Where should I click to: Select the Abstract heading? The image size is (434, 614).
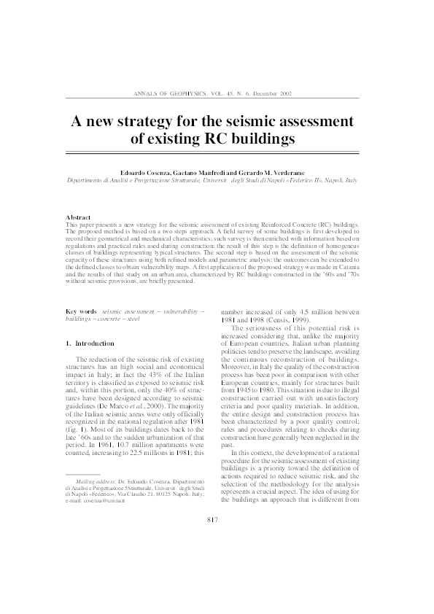78,217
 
